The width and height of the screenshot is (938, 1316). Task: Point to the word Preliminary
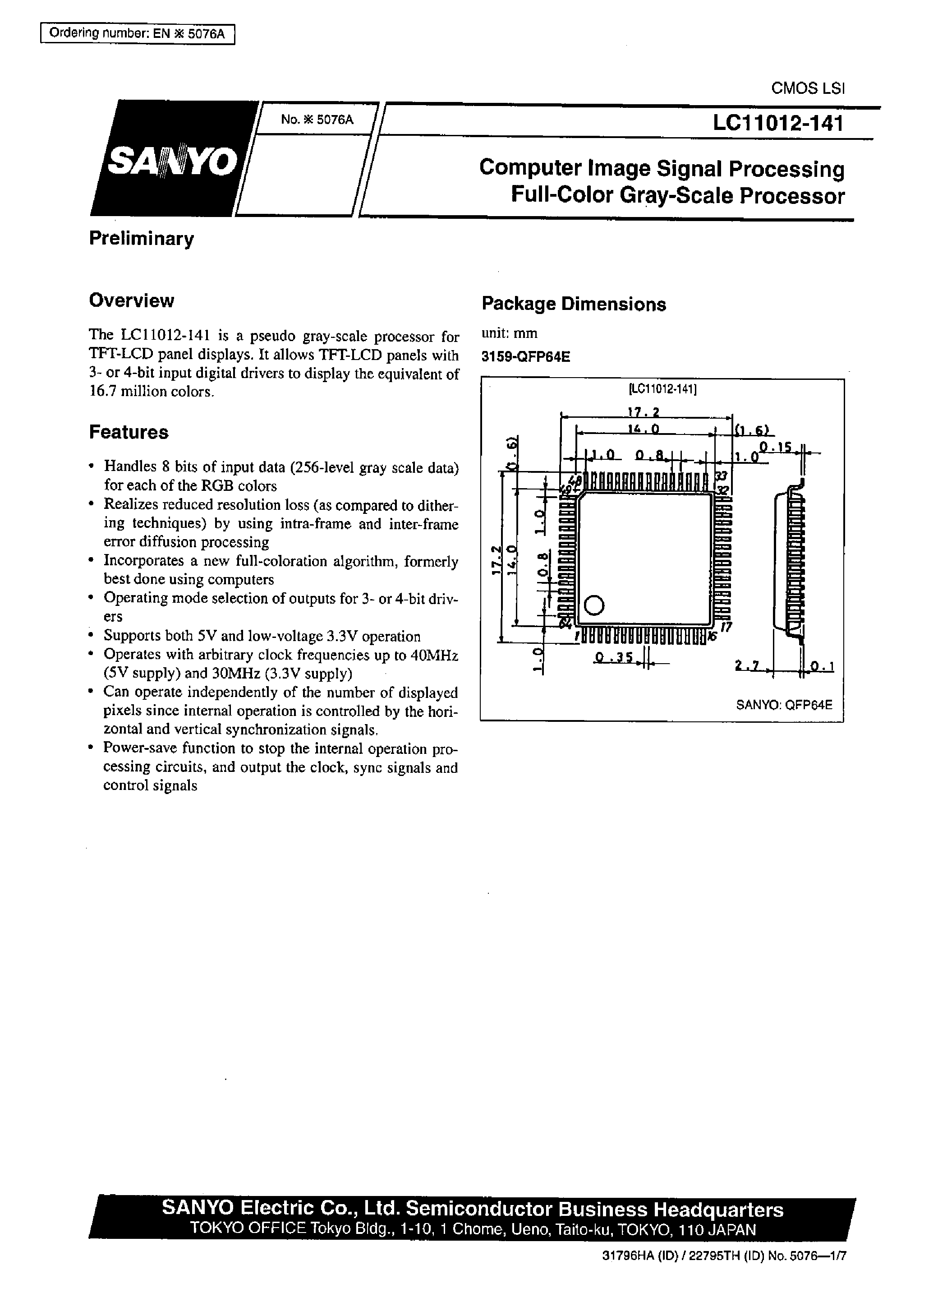tap(142, 239)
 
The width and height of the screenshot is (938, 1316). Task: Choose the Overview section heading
tap(131, 300)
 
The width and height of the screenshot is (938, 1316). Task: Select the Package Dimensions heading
tap(574, 305)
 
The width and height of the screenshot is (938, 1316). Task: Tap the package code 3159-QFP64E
tap(526, 357)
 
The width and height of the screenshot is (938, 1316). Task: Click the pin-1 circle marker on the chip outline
tap(594, 605)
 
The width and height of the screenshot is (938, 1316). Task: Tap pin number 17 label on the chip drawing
tap(726, 627)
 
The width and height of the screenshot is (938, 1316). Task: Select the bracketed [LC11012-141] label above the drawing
tap(662, 389)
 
